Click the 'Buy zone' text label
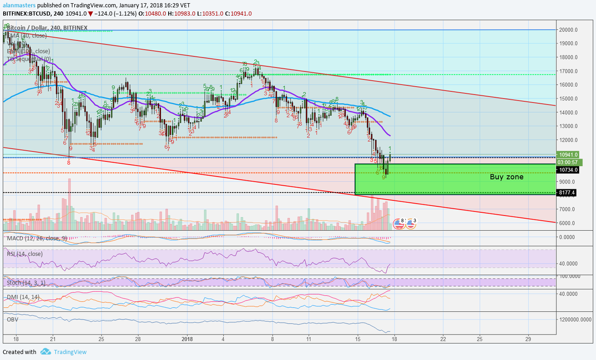tap(506, 177)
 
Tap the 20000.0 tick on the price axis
tap(568, 30)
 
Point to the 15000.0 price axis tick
tap(568, 99)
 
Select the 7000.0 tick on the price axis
tap(568, 209)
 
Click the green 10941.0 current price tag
tap(568, 155)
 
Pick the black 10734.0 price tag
tap(568, 170)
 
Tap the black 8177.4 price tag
tap(566, 193)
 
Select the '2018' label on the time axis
tap(187, 339)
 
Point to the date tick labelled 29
tap(528, 339)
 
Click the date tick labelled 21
tap(53, 339)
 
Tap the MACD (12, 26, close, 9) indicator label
tap(37, 238)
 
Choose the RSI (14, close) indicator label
tap(25, 254)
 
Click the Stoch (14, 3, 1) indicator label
tap(26, 282)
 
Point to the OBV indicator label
tap(12, 319)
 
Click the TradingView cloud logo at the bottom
tap(45, 352)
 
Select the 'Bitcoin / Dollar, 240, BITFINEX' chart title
tap(47, 28)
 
